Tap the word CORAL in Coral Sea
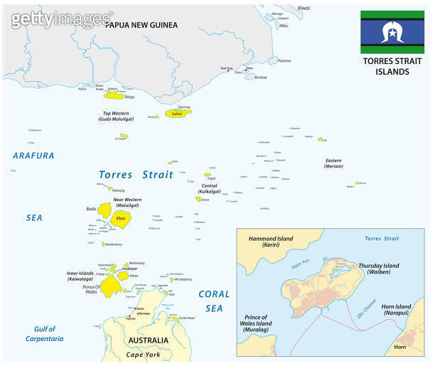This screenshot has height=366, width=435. [214, 294]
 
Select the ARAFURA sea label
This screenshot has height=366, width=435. [33, 155]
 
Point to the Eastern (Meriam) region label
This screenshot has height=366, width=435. [334, 163]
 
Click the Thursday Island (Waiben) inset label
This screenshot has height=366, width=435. [377, 269]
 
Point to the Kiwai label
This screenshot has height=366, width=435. [304, 8]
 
